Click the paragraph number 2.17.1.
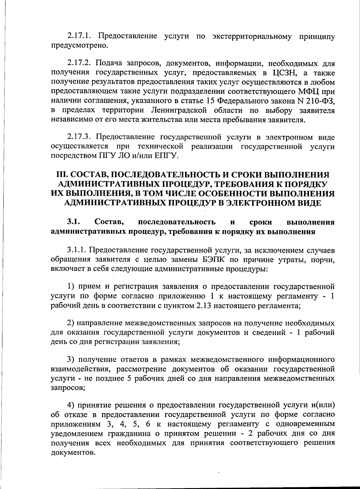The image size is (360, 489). [79, 37]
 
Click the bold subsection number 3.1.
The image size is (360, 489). [73, 222]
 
